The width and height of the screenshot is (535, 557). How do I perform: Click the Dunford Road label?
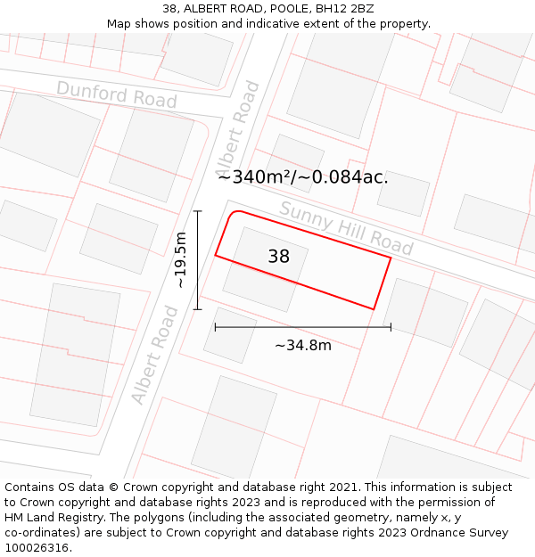(x=117, y=94)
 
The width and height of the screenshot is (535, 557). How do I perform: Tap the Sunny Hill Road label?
(x=346, y=228)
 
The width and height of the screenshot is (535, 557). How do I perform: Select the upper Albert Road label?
(x=237, y=130)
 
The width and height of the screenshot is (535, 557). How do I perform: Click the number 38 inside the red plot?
(x=278, y=257)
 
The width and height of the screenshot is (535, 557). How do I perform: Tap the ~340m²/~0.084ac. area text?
(x=303, y=176)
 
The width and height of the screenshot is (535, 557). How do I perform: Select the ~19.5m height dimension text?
(x=180, y=260)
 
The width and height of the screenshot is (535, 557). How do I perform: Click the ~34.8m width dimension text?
(x=302, y=346)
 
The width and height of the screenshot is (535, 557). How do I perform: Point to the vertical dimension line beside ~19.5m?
(x=198, y=260)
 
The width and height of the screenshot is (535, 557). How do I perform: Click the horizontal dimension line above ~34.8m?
(x=303, y=327)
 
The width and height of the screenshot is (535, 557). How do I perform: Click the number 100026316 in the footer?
(x=36, y=548)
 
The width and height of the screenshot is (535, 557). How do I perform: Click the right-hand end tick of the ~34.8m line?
(x=391, y=327)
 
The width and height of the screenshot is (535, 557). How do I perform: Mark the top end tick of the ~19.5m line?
(x=198, y=211)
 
